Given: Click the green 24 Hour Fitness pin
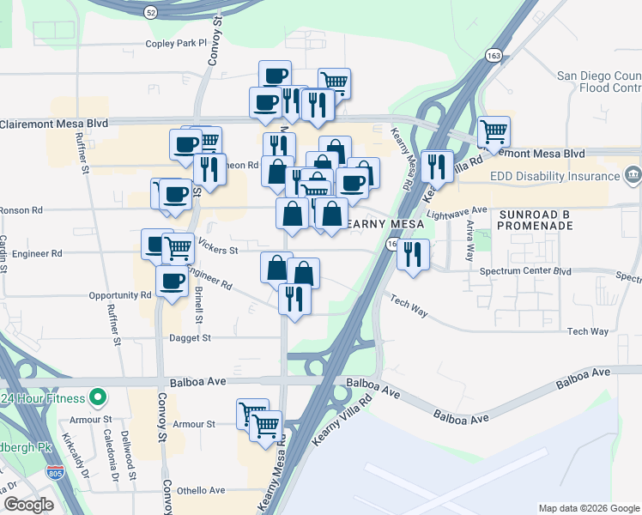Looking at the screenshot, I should pyautogui.click(x=99, y=398).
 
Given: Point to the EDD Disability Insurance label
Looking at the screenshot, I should pyautogui.click(x=556, y=176).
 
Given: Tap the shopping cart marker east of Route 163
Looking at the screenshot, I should pyautogui.click(x=494, y=133).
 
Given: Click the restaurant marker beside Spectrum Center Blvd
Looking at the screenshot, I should pyautogui.click(x=414, y=255).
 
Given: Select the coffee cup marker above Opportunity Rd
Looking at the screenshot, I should pyautogui.click(x=172, y=281).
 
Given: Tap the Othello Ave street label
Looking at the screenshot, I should pyautogui.click(x=201, y=490).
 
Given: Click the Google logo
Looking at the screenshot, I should pyautogui.click(x=29, y=505).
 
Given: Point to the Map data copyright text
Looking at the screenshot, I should pyautogui.click(x=589, y=508).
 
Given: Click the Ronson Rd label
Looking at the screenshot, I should pyautogui.click(x=22, y=209).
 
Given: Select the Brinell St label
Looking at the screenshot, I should pyautogui.click(x=198, y=304).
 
